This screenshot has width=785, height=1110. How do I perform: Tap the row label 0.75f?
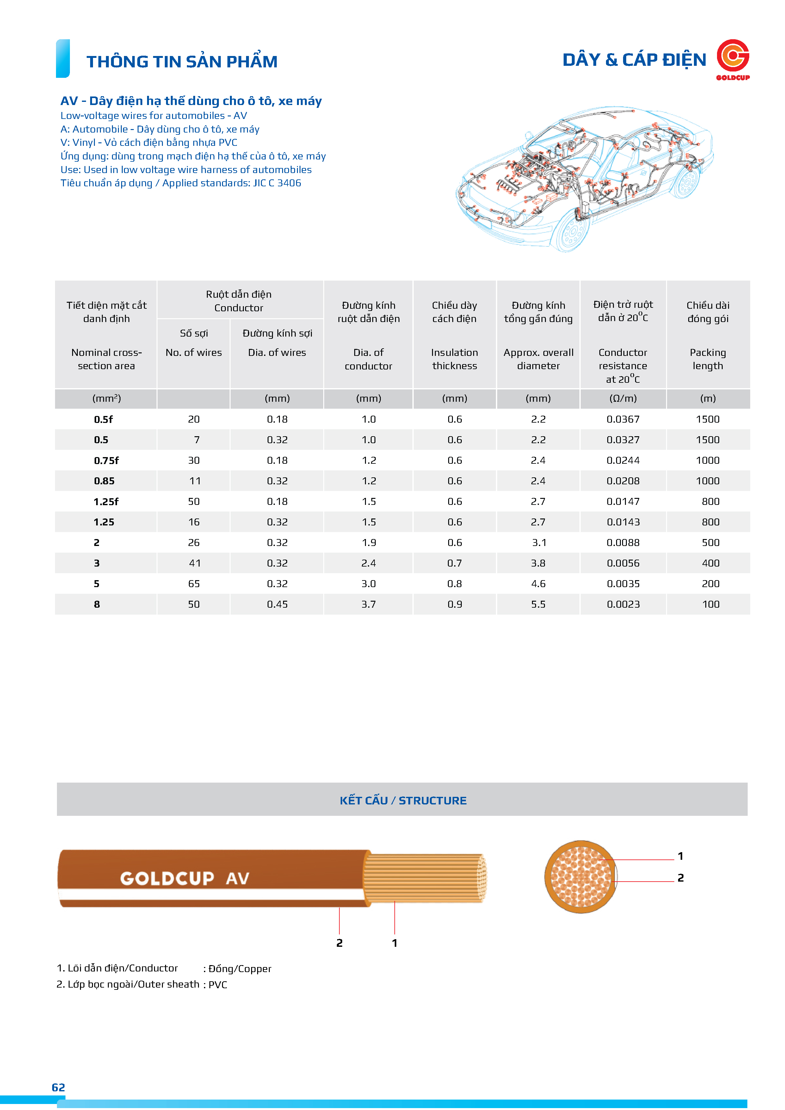pyautogui.click(x=106, y=460)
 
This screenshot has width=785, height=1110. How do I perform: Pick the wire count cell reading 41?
pyautogui.click(x=194, y=563)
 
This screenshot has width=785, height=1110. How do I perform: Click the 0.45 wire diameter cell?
pyautogui.click(x=277, y=604)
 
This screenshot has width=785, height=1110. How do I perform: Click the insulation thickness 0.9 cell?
pyautogui.click(x=454, y=604)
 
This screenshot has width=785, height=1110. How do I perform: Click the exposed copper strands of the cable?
pyautogui.click(x=425, y=878)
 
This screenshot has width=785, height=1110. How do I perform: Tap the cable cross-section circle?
pyautogui.click(x=581, y=877)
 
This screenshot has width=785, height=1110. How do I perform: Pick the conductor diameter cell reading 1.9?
pyautogui.click(x=368, y=543)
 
